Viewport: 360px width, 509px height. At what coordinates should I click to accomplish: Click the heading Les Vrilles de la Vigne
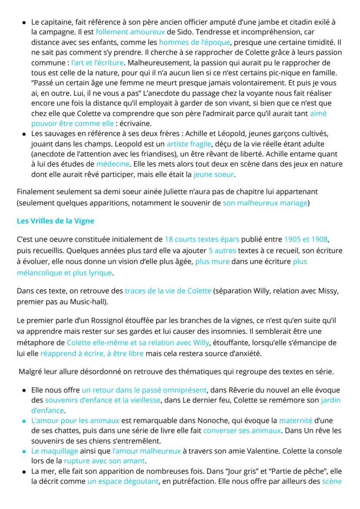tap(55, 221)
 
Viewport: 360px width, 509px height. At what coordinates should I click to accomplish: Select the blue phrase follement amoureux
tap(130, 32)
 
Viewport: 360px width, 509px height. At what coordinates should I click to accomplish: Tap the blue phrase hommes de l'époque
tap(194, 42)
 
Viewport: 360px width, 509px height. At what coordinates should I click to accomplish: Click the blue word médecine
tap(113, 164)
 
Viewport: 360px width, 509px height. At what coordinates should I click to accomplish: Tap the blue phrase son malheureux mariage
tap(265, 203)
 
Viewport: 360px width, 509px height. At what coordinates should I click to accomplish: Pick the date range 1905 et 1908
tap(307, 239)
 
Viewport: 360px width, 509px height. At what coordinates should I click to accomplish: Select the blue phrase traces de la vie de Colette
tap(168, 291)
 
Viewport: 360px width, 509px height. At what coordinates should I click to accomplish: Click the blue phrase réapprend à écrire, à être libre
tap(92, 354)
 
